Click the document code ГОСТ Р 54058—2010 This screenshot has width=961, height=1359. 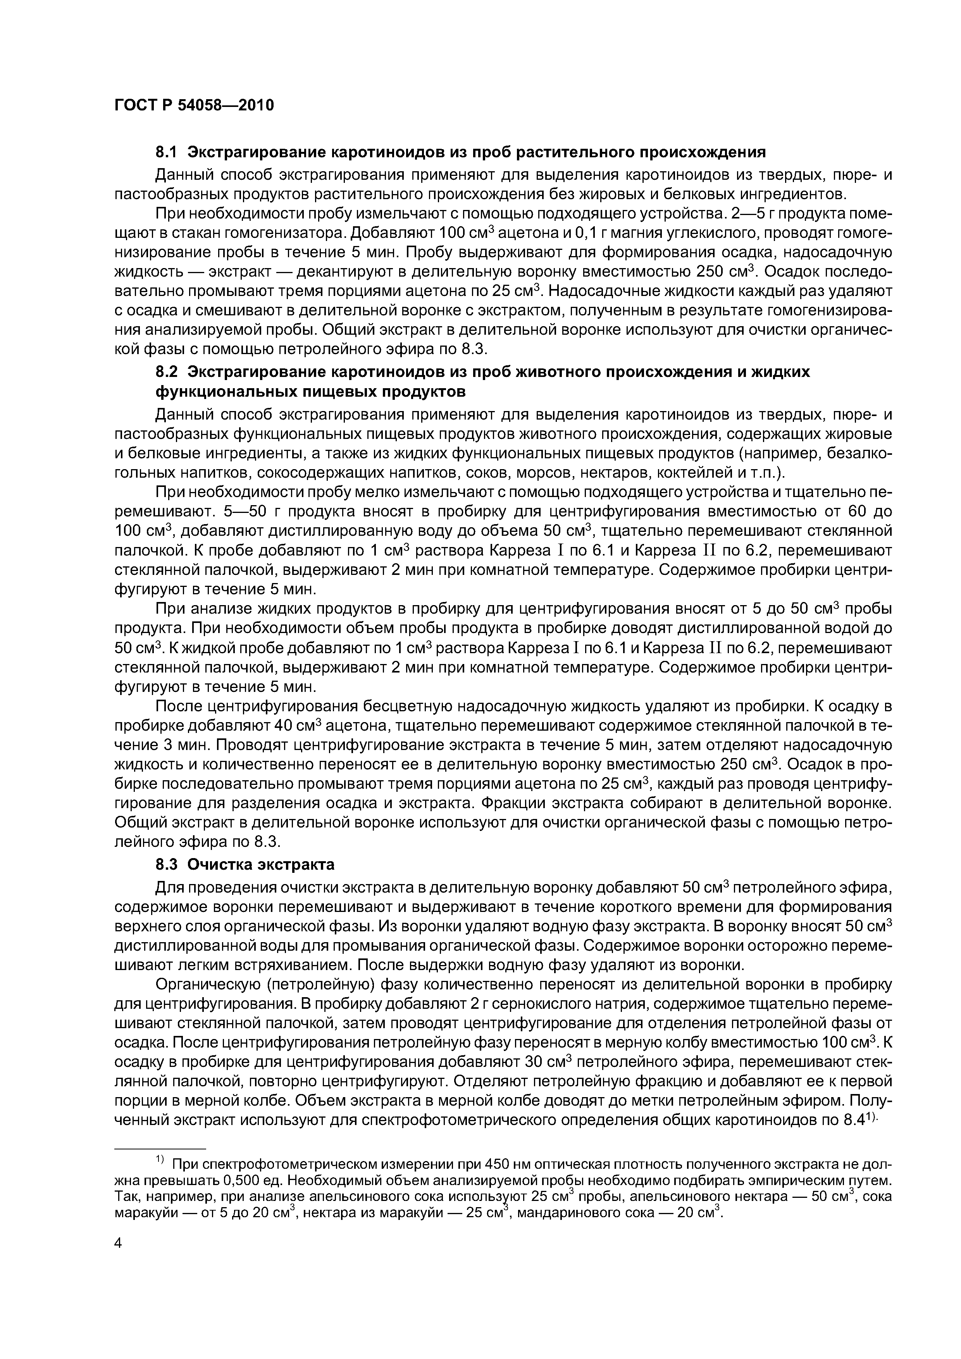pyautogui.click(x=194, y=105)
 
